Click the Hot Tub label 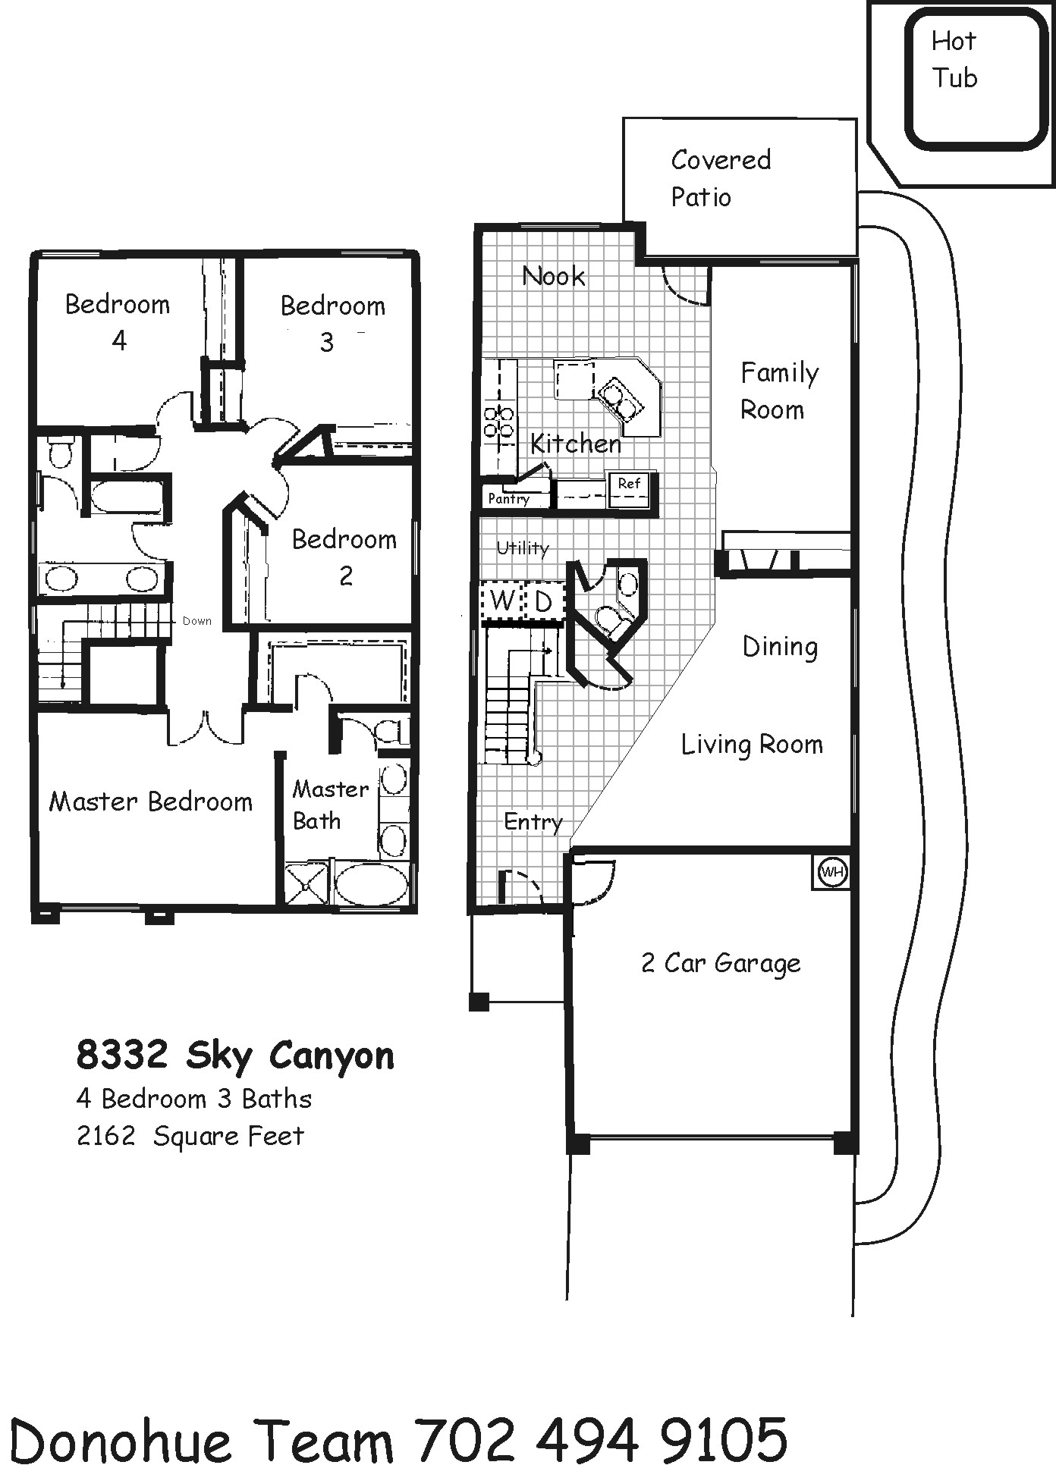click(954, 59)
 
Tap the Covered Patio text click(721, 178)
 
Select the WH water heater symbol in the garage click(832, 872)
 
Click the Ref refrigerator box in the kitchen click(629, 489)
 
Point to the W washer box click(501, 601)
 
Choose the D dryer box click(543, 601)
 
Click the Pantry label click(508, 498)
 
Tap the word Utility click(522, 547)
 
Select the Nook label click(554, 276)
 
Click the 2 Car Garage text click(721, 963)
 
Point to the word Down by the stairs click(196, 621)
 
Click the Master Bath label click(330, 805)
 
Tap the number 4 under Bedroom click(119, 340)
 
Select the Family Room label click(779, 391)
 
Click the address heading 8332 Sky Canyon click(235, 1056)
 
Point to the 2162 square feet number click(106, 1136)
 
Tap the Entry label click(533, 822)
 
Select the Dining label click(780, 647)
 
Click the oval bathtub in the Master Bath click(371, 883)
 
